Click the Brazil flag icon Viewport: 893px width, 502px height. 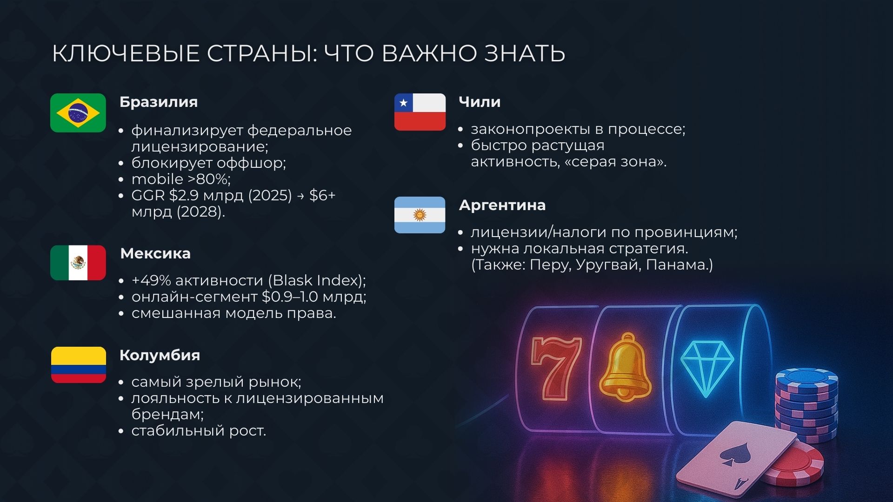(x=78, y=113)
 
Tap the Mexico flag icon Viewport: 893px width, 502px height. (x=78, y=263)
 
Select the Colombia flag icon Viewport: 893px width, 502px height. (x=78, y=365)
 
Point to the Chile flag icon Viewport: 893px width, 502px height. (x=420, y=112)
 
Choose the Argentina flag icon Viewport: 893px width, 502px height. (x=420, y=215)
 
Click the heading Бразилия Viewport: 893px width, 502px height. (x=159, y=102)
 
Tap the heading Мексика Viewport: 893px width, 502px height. (x=155, y=253)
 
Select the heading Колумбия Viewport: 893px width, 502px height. (x=160, y=355)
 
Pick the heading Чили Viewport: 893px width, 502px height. (x=480, y=102)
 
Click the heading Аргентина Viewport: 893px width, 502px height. (x=502, y=205)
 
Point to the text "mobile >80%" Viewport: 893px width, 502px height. (x=180, y=179)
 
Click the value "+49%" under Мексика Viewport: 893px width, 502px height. (x=151, y=280)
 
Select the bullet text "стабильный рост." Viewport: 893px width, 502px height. (x=199, y=430)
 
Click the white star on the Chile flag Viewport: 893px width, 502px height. (x=403, y=103)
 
